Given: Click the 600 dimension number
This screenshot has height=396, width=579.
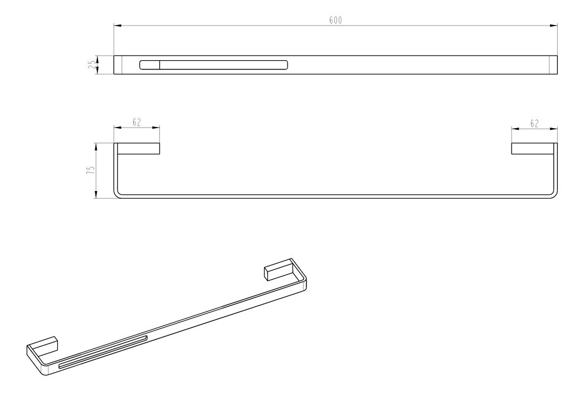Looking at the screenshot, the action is point(335,20).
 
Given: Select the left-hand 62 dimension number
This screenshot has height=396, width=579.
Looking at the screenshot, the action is point(137,122).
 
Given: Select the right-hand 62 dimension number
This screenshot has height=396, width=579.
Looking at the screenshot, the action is point(534,124).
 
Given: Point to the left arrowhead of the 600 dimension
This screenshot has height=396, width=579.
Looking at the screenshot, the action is point(118,26).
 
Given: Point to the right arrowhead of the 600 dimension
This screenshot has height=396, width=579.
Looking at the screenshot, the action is point(553,26).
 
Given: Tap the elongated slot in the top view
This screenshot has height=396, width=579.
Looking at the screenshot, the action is point(213,65).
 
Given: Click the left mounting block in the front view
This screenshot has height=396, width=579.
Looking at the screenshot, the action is point(138,148).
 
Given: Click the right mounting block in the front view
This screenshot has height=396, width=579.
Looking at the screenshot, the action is point(533,148).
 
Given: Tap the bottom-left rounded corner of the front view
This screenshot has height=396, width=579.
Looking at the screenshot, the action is point(117,195).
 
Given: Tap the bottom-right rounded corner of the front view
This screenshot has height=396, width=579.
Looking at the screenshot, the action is point(554,195).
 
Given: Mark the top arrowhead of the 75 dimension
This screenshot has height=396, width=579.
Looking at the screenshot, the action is point(96,147).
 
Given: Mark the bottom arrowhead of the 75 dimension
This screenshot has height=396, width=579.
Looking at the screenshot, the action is point(96,195).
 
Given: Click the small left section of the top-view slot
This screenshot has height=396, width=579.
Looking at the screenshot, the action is point(149,65).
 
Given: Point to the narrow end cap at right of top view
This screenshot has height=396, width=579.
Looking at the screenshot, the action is point(553,65).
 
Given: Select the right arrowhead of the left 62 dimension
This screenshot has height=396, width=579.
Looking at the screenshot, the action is point(156,128).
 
